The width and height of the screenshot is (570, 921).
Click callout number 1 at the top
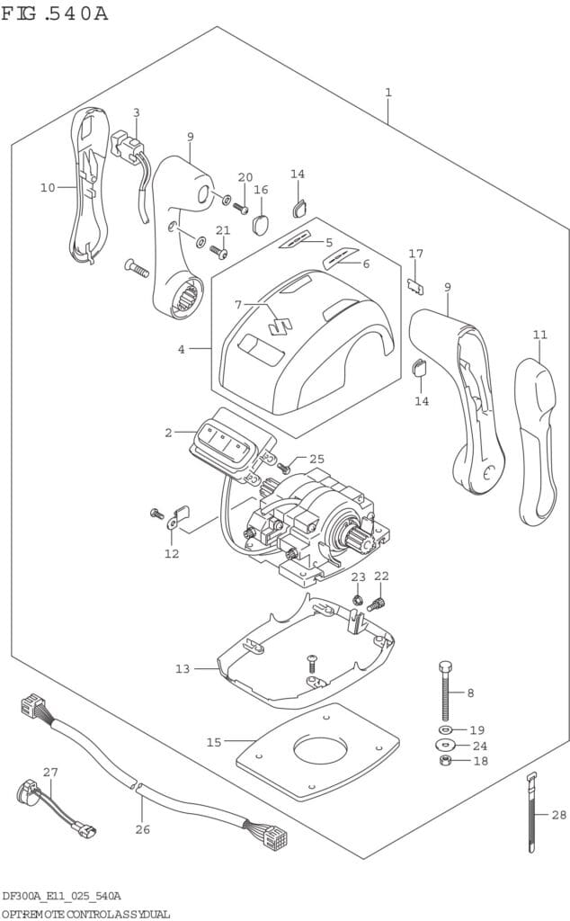(387, 93)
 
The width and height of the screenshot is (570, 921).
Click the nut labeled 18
(445, 762)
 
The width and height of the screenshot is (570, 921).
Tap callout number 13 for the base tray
(183, 668)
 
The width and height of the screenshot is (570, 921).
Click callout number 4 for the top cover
(181, 348)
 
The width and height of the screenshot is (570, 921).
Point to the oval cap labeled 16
(262, 221)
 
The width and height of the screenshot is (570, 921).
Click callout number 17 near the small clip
(415, 254)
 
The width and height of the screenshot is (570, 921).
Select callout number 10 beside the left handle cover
(48, 187)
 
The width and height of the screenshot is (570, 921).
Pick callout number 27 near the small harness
(49, 772)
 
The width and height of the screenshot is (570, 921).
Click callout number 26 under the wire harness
(142, 828)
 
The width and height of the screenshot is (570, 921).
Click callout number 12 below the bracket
(172, 553)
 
